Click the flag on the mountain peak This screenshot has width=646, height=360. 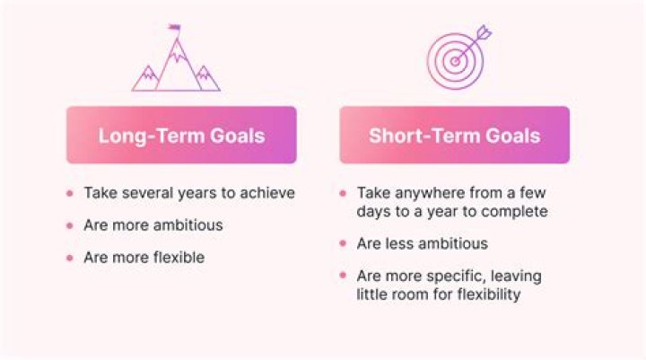173,29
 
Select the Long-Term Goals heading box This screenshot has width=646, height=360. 181,136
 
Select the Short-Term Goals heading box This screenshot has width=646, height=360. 454,136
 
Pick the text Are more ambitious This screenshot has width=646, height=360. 153,225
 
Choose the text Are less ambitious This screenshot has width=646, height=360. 422,243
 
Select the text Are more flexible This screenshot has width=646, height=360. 144,258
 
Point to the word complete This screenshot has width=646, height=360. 516,212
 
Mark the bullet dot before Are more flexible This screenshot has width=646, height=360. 70,259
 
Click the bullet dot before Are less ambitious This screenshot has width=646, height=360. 344,244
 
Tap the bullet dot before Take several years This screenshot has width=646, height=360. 70,193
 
